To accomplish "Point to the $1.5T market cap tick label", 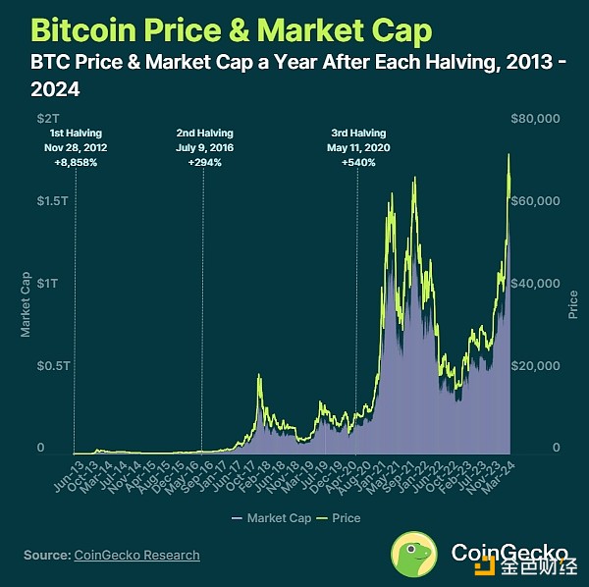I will pos(39,200).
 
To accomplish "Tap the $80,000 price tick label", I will pos(536,118).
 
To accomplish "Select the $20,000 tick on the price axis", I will pos(536,365).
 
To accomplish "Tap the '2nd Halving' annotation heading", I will pos(204,133).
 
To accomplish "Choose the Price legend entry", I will pos(339,517).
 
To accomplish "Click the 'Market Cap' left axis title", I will pos(27,305).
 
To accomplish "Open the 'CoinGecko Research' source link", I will pos(136,556).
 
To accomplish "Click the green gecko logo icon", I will pos(416,553).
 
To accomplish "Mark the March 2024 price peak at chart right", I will pos(509,154).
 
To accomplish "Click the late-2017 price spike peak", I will pos(258,375).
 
